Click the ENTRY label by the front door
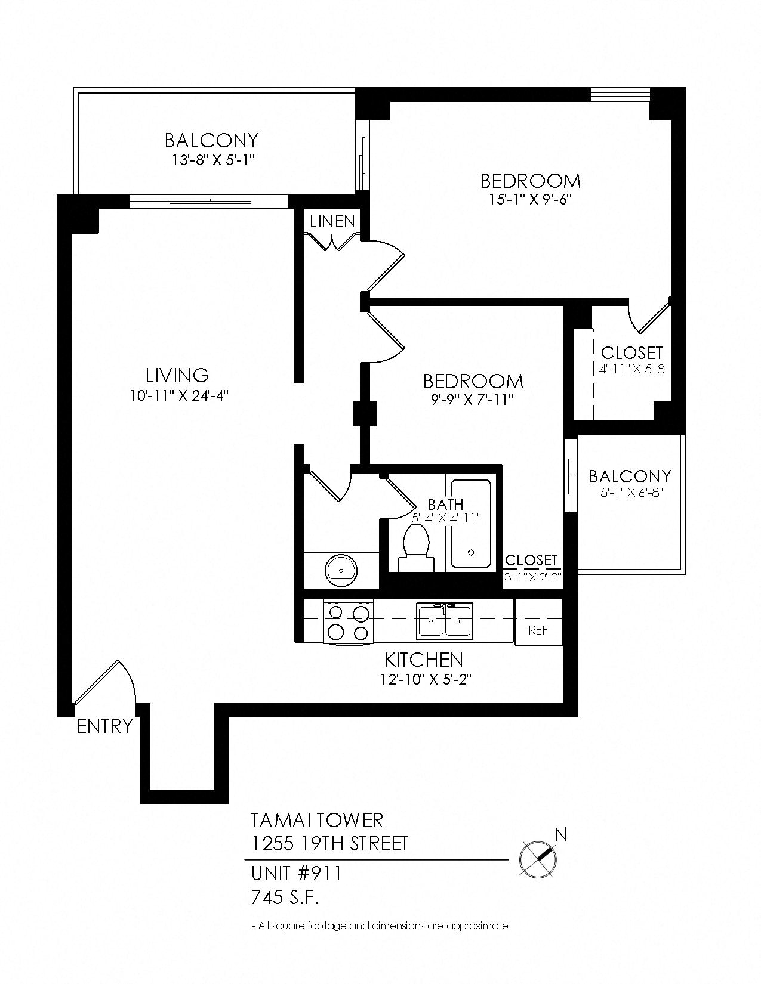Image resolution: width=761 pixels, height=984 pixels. (x=104, y=726)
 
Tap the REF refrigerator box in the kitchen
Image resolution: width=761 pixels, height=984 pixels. (x=538, y=630)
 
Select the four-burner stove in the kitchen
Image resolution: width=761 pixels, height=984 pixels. (x=348, y=622)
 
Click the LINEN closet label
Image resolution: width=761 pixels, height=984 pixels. (x=332, y=221)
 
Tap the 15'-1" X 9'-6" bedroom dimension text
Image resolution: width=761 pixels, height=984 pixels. (x=530, y=200)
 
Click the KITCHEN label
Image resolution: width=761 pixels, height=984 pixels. (x=424, y=660)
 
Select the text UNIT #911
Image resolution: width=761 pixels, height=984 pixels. (x=296, y=874)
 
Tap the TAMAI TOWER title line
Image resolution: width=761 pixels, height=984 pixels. (x=316, y=820)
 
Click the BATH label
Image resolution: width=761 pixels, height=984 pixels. (x=445, y=505)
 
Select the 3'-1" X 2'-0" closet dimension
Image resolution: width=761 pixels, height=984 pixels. (x=532, y=577)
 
